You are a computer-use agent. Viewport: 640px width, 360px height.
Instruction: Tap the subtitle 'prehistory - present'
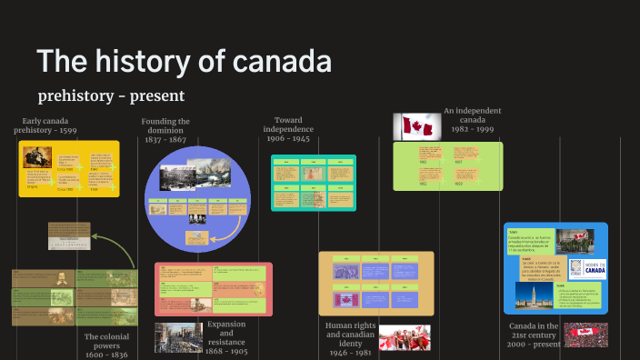(111, 95)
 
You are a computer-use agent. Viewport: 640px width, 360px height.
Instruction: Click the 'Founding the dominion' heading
(165, 127)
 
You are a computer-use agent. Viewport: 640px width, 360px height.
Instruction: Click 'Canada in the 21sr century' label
(535, 332)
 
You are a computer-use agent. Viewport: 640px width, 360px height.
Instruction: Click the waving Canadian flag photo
(416, 126)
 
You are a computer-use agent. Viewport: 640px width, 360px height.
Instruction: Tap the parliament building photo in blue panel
(529, 294)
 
